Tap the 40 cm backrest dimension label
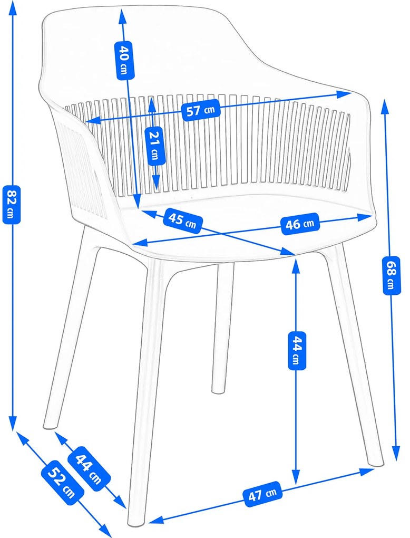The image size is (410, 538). click(x=123, y=59)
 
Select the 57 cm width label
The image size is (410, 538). click(x=200, y=111)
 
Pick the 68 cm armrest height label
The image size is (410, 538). click(x=389, y=276)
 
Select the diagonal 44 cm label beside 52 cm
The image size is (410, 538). click(x=88, y=468)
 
